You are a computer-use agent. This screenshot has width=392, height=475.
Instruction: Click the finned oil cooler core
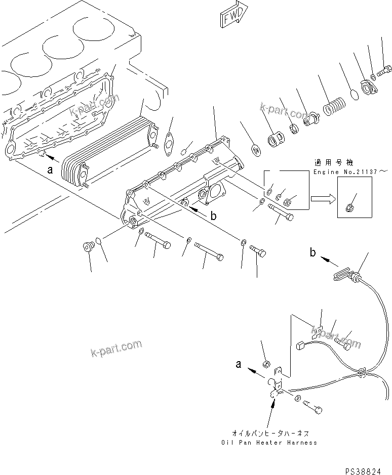[109, 149]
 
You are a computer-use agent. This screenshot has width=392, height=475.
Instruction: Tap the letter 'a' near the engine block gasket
[50, 170]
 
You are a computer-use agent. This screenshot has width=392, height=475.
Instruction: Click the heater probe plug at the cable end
[342, 275]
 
